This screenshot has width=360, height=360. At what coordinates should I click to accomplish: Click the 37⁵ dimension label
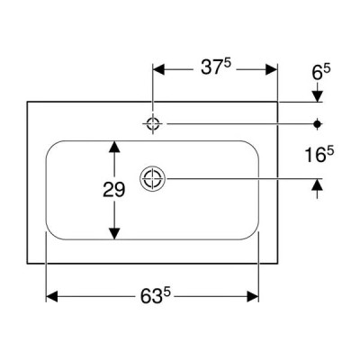[216, 67]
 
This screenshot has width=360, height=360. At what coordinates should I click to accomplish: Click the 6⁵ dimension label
[321, 73]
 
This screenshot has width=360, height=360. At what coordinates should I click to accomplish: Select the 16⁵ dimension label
[319, 155]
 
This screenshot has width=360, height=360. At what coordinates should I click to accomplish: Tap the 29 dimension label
[113, 190]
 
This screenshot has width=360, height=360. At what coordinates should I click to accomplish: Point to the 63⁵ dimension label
[156, 296]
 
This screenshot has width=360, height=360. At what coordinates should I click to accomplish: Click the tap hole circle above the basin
[153, 123]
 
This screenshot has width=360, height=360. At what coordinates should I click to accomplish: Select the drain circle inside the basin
[153, 178]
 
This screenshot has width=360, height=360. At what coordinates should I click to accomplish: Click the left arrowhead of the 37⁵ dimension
[158, 69]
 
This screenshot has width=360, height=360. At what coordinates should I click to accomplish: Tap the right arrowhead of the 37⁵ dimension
[271, 69]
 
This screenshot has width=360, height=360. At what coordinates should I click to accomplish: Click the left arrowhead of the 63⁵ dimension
[51, 296]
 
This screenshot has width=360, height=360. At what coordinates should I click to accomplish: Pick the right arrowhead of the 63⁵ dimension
[252, 296]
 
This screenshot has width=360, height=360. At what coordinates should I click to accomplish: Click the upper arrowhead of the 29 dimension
[114, 147]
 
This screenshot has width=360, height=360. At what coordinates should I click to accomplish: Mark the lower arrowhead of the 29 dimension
[114, 234]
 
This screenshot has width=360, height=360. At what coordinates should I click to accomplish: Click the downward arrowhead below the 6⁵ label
[317, 96]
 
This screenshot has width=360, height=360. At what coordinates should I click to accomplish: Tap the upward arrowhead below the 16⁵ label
[317, 184]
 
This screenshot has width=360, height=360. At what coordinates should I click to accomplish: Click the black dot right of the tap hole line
[317, 123]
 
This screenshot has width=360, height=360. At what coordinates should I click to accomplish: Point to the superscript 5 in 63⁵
[167, 293]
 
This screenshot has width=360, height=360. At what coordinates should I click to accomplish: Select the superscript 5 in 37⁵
[229, 64]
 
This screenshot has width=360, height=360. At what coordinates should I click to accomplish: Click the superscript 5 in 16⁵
[330, 152]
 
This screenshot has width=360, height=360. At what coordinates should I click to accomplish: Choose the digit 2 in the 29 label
[108, 190]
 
